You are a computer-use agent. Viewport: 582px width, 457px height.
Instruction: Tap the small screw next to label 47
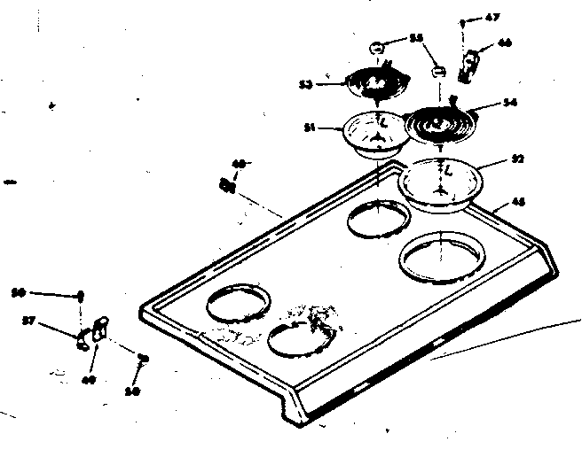click(464, 19)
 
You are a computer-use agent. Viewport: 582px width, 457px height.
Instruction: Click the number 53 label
click(305, 85)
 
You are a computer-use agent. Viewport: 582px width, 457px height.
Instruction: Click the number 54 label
click(509, 103)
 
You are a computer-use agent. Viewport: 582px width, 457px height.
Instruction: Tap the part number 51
click(311, 128)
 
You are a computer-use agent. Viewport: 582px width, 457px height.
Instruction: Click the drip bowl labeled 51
click(374, 135)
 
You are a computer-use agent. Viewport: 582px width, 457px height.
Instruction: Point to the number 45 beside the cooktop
click(518, 203)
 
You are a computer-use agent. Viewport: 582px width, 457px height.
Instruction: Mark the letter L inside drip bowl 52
click(448, 168)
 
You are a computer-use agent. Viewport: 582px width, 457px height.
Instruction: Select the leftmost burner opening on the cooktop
click(237, 304)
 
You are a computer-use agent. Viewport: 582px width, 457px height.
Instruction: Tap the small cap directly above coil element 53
click(375, 46)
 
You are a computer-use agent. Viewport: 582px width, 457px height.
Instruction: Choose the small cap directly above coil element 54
click(437, 71)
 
